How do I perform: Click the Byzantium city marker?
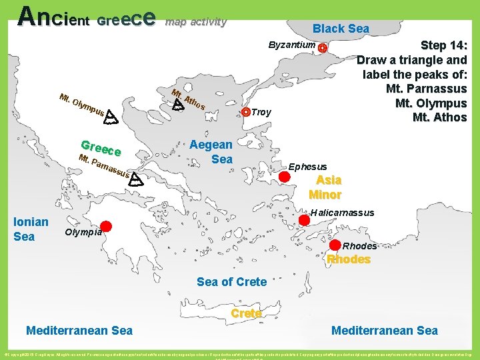(323, 49)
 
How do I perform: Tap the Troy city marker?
(246, 112)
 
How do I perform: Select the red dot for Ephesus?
(284, 177)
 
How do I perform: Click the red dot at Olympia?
(106, 226)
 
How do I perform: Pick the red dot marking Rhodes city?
(335, 245)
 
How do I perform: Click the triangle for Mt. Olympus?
(111, 119)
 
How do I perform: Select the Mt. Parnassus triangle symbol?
(135, 179)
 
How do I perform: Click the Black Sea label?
(341, 29)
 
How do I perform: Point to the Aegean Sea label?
(211, 151)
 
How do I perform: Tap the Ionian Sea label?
(31, 229)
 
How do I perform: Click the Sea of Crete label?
(231, 282)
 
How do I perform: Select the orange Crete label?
(245, 313)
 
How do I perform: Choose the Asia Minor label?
(326, 187)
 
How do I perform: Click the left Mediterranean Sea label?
(79, 330)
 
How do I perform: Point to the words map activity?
(195, 22)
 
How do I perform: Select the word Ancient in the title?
(54, 17)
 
